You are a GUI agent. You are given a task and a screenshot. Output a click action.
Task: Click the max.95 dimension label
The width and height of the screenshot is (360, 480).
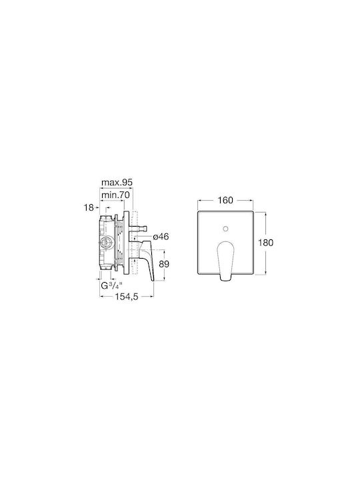point(117,183)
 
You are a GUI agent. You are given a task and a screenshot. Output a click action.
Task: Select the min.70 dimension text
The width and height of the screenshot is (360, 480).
point(115,195)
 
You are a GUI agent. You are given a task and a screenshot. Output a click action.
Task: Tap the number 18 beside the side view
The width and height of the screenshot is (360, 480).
point(89,208)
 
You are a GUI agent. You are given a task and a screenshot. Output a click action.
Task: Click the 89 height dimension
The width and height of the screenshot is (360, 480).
point(164,264)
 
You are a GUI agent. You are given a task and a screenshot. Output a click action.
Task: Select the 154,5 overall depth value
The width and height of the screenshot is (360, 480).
point(127,296)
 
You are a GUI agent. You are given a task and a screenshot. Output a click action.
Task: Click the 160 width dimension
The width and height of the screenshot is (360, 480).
point(225,200)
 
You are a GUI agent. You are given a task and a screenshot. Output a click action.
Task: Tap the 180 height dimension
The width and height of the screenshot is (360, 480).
point(265,243)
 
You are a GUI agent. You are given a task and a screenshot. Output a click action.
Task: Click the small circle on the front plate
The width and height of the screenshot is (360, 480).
point(225,229)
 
